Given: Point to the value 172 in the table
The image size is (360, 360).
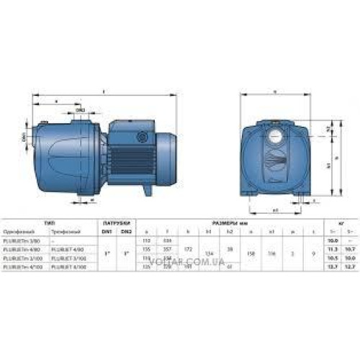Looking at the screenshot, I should (188, 248).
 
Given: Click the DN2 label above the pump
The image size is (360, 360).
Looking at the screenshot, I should (81, 109).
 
